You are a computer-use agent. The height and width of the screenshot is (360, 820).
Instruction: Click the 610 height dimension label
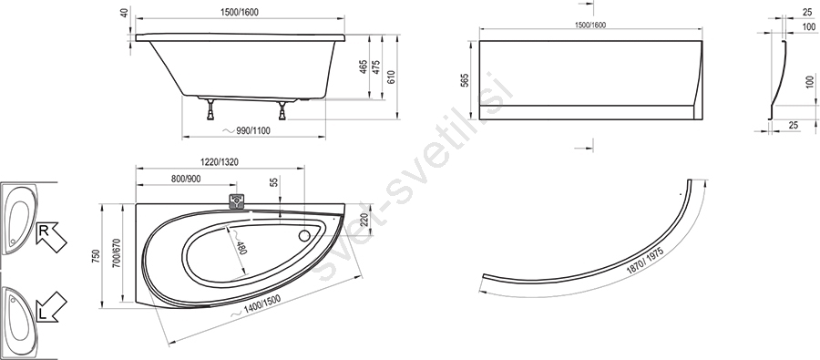(x=391, y=77)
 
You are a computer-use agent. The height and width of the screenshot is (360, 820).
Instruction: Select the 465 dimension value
(x=364, y=67)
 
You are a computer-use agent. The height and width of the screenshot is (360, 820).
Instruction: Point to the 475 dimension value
(x=376, y=67)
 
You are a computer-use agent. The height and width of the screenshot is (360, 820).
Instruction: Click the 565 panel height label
(x=466, y=79)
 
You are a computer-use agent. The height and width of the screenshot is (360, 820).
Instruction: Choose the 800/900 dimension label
(x=186, y=179)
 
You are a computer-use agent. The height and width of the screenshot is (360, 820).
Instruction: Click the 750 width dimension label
(x=96, y=255)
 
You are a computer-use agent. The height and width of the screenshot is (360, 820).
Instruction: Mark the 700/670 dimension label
(x=117, y=253)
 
